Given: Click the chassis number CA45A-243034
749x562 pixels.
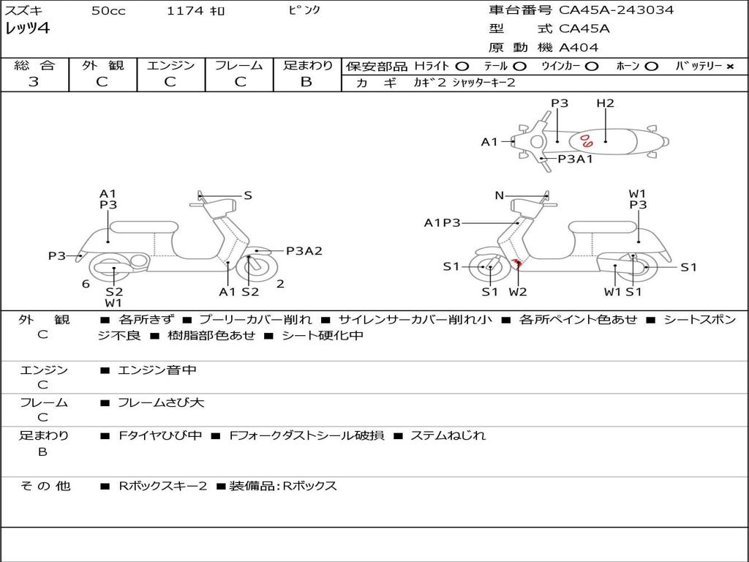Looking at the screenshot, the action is pyautogui.click(x=617, y=10).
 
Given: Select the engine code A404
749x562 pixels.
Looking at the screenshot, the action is pyautogui.click(x=579, y=48).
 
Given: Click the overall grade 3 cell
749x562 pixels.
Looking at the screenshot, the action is pyautogui.click(x=34, y=82).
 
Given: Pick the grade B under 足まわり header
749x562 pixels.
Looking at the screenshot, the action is pyautogui.click(x=306, y=82).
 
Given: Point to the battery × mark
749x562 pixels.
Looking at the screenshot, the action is pyautogui.click(x=729, y=67).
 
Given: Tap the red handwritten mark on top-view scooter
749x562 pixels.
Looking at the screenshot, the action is pyautogui.click(x=587, y=138).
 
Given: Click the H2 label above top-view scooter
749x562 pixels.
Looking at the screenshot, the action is pyautogui.click(x=605, y=103).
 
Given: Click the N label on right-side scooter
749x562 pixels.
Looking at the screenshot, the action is pyautogui.click(x=500, y=195).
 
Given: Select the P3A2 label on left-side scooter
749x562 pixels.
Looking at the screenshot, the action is pyautogui.click(x=304, y=251).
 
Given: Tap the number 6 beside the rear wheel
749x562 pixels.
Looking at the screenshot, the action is pyautogui.click(x=86, y=284).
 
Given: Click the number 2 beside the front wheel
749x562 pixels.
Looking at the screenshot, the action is pyautogui.click(x=280, y=284).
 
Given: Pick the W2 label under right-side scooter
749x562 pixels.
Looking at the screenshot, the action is pyautogui.click(x=518, y=292).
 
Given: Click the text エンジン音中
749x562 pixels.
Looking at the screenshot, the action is pyautogui.click(x=157, y=370).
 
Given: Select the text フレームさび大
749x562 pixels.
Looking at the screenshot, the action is pyautogui.click(x=161, y=402).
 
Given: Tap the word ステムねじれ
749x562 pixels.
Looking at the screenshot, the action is pyautogui.click(x=448, y=435).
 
